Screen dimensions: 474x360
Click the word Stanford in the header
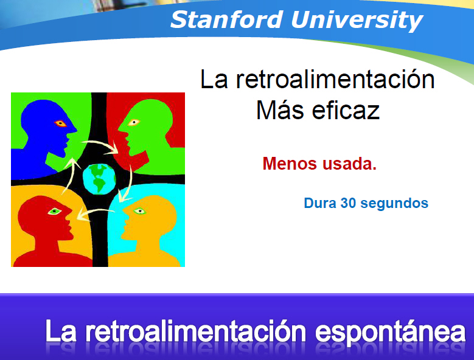[x=227, y=19]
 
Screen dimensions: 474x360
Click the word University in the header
[x=357, y=21]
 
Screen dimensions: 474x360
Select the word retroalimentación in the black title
[x=335, y=79]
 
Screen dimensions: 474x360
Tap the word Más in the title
[x=280, y=110]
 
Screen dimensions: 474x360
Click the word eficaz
[x=346, y=110]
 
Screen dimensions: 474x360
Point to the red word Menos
[x=290, y=164]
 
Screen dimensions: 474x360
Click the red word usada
[x=349, y=164]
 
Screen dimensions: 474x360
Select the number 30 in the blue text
[x=348, y=203]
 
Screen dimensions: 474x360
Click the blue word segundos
[x=394, y=204]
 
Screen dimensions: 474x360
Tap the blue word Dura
[x=320, y=203]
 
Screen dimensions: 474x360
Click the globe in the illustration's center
[x=99, y=179]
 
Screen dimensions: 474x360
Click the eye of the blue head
[x=60, y=123]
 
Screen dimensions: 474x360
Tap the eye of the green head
[x=134, y=122]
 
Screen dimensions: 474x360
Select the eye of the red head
[x=54, y=211]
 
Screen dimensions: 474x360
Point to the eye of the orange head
[x=139, y=211]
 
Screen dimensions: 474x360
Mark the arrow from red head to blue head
[x=69, y=175]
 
